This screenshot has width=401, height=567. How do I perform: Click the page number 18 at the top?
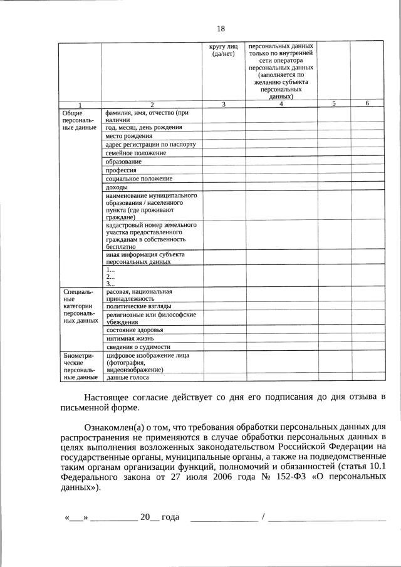(221, 29)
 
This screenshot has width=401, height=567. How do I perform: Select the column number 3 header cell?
(224, 104)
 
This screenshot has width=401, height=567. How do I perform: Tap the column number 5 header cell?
(334, 104)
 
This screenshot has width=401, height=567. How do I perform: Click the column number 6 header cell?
(367, 104)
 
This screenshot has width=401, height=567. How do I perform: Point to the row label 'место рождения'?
(129, 136)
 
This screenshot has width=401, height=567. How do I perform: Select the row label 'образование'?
(124, 162)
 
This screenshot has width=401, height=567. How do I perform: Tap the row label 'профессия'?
(122, 170)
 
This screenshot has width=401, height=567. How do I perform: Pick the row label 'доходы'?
(117, 187)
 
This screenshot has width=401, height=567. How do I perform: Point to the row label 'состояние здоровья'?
(135, 330)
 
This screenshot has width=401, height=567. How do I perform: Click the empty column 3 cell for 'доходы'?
(224, 187)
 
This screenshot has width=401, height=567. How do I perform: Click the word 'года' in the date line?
(170, 517)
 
